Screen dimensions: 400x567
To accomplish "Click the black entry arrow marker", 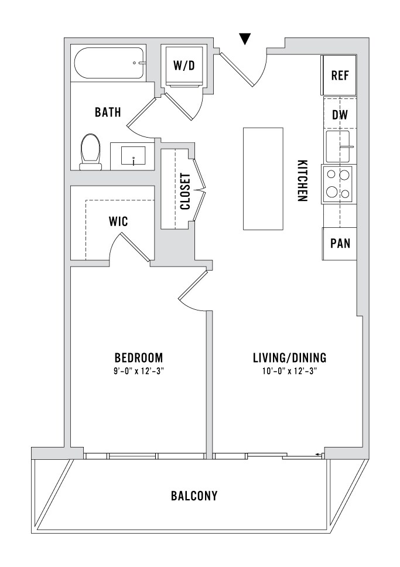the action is (245, 38).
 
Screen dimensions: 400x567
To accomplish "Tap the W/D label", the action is (184, 66).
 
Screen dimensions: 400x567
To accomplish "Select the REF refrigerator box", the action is (339, 75).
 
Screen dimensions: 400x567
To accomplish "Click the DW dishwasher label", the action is (340, 115).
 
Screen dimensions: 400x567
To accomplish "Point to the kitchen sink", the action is (338, 146).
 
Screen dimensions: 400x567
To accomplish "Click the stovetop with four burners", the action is (339, 185).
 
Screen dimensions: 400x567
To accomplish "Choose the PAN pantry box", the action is (339, 244).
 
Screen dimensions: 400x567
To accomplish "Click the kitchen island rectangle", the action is (263, 179).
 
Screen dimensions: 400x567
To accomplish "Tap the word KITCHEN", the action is (302, 180).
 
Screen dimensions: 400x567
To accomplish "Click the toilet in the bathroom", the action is (90, 152).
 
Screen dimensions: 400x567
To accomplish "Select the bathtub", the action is (110, 63).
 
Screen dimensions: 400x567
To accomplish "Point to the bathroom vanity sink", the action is (133, 156).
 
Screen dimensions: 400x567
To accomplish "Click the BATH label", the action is (108, 112).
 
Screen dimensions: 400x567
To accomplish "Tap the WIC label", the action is (118, 221).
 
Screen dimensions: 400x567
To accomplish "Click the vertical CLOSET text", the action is (185, 192).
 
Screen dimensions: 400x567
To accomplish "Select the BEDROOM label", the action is (139, 358).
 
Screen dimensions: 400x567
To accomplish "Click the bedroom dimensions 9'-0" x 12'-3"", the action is (139, 371).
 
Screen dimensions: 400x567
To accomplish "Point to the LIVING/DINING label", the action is (289, 358).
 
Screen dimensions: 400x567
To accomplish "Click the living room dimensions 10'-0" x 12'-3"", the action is (289, 371).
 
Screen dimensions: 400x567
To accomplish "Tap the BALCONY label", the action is (194, 496).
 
